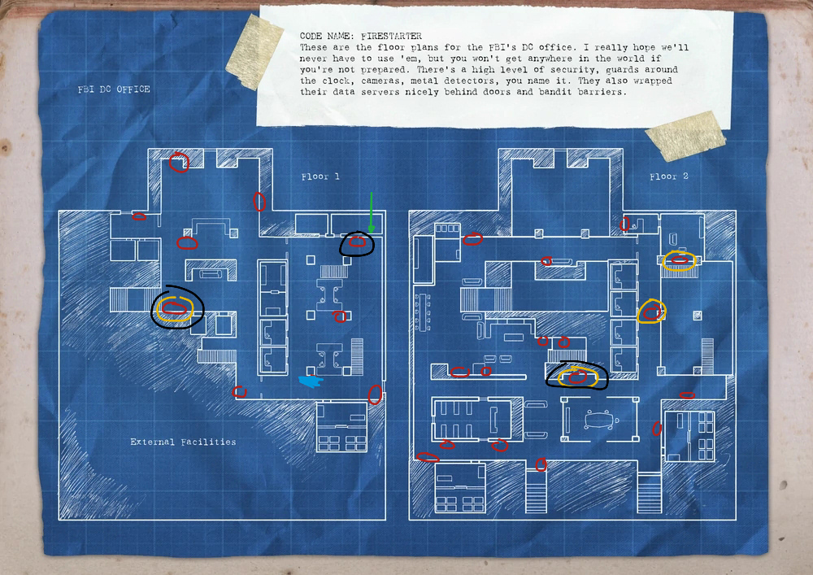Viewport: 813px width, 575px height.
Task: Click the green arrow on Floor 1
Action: tap(371, 212)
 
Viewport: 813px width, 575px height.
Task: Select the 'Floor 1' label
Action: tap(320, 176)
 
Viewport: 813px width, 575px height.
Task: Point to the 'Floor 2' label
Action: tap(668, 176)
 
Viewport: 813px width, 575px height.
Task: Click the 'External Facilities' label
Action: tap(183, 442)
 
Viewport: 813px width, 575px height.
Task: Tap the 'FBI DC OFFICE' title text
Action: tap(114, 89)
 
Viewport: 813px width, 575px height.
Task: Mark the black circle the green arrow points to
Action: tap(357, 243)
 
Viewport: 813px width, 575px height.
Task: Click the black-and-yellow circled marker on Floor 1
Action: tap(176, 308)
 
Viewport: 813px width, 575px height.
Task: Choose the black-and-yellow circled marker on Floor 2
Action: tap(577, 377)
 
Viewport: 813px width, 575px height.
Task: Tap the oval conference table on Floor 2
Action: tap(600, 420)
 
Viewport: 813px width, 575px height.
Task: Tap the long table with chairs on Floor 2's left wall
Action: tap(421, 309)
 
